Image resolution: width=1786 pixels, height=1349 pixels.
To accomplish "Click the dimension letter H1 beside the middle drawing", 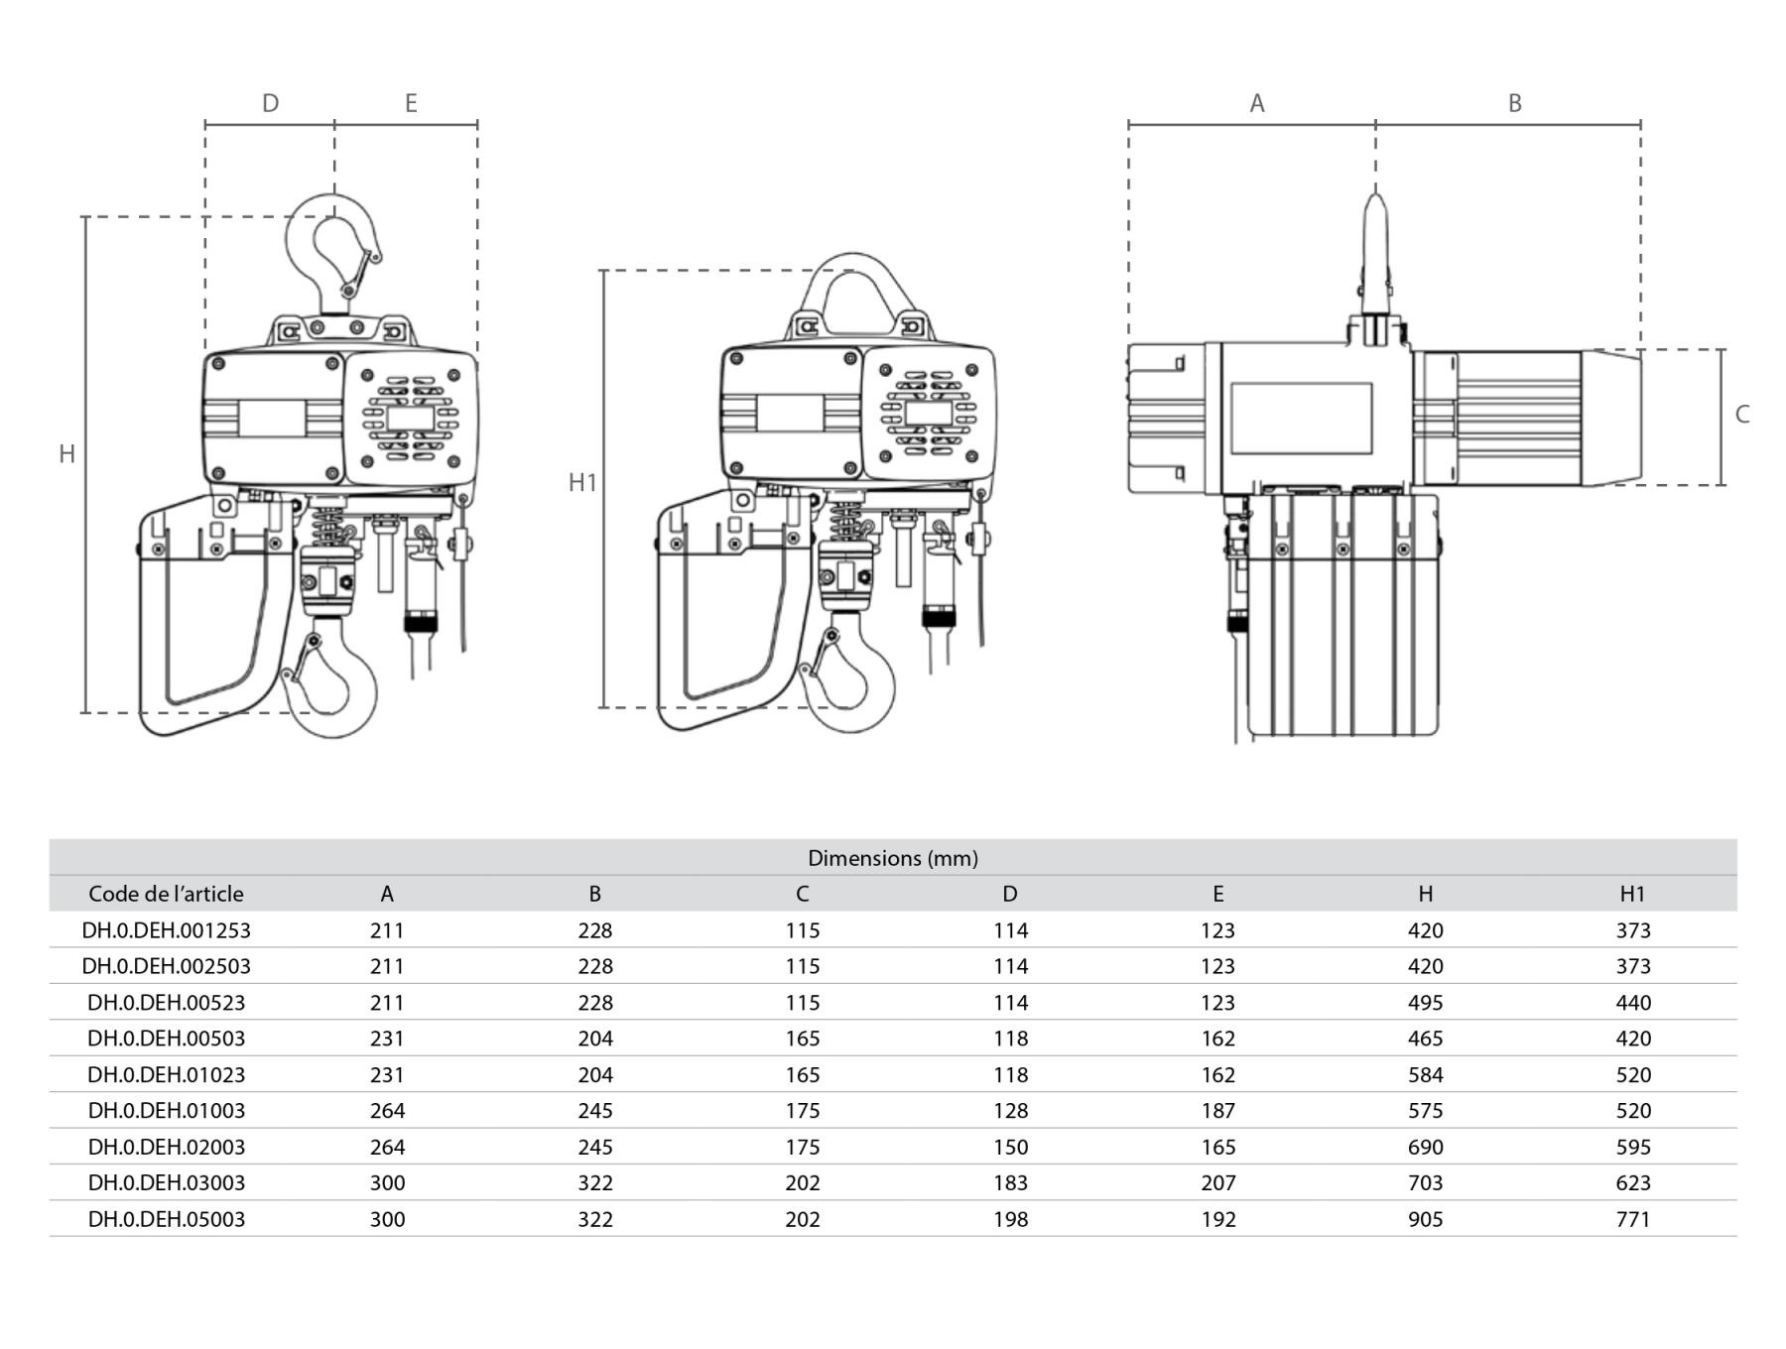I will click(x=582, y=482).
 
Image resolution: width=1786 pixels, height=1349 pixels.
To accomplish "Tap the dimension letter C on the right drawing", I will click(x=1741, y=415).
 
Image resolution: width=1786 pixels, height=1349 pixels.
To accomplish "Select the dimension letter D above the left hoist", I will click(x=270, y=103).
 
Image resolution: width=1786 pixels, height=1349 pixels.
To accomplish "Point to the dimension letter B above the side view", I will click(x=1514, y=103).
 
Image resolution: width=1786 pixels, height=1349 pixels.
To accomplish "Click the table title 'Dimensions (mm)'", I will click(x=892, y=858).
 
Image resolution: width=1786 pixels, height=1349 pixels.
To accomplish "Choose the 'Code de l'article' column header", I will click(x=166, y=894).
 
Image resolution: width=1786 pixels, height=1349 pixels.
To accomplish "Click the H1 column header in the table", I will click(x=1632, y=894).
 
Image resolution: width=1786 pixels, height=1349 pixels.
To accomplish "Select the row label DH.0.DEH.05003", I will click(x=166, y=1219).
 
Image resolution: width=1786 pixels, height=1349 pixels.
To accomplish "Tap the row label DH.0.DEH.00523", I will click(x=166, y=1003).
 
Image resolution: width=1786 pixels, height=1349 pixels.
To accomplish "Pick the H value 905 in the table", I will click(x=1425, y=1219).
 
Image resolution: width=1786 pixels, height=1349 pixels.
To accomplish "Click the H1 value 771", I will click(x=1632, y=1219).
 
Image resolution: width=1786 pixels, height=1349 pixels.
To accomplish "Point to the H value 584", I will click(x=1425, y=1075).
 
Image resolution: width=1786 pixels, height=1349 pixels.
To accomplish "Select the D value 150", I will click(x=1010, y=1148).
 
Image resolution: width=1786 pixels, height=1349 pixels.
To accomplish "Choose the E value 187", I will click(x=1217, y=1111).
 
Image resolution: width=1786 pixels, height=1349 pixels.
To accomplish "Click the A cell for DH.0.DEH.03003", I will click(x=387, y=1183).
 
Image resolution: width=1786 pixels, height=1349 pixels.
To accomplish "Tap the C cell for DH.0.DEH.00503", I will click(x=802, y=1039).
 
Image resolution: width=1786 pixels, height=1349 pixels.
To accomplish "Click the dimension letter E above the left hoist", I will click(x=411, y=103).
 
